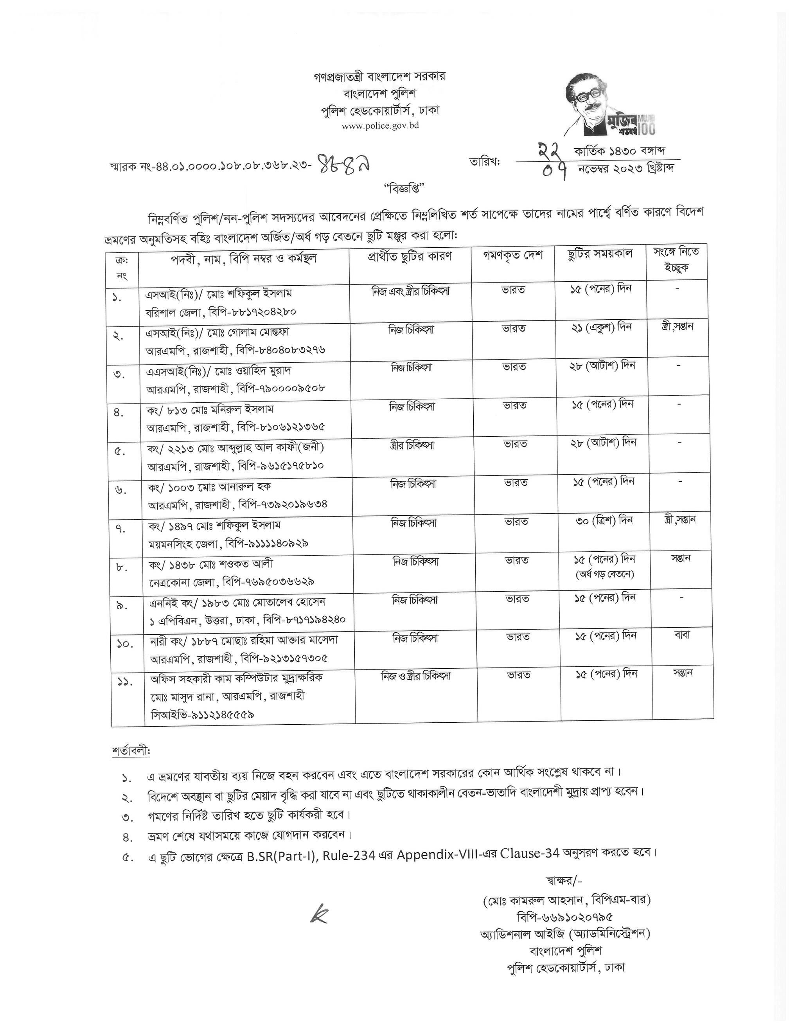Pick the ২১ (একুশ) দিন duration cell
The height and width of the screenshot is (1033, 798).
(x=601, y=327)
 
